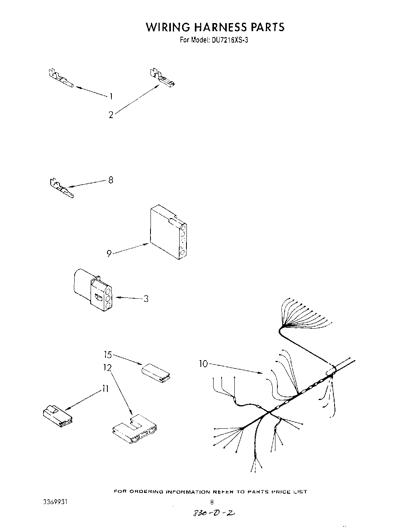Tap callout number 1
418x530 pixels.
[x=111, y=96]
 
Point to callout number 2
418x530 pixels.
[x=111, y=115]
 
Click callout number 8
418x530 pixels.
[x=111, y=180]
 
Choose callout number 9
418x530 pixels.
[x=109, y=253]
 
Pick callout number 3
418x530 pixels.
[x=146, y=298]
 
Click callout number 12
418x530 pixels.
[x=107, y=367]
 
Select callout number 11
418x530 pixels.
[x=105, y=388]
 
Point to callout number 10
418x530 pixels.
[x=204, y=364]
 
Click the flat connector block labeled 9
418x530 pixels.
[x=168, y=231]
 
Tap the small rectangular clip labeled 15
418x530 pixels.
[x=156, y=372]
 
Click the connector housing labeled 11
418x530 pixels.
[x=57, y=416]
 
